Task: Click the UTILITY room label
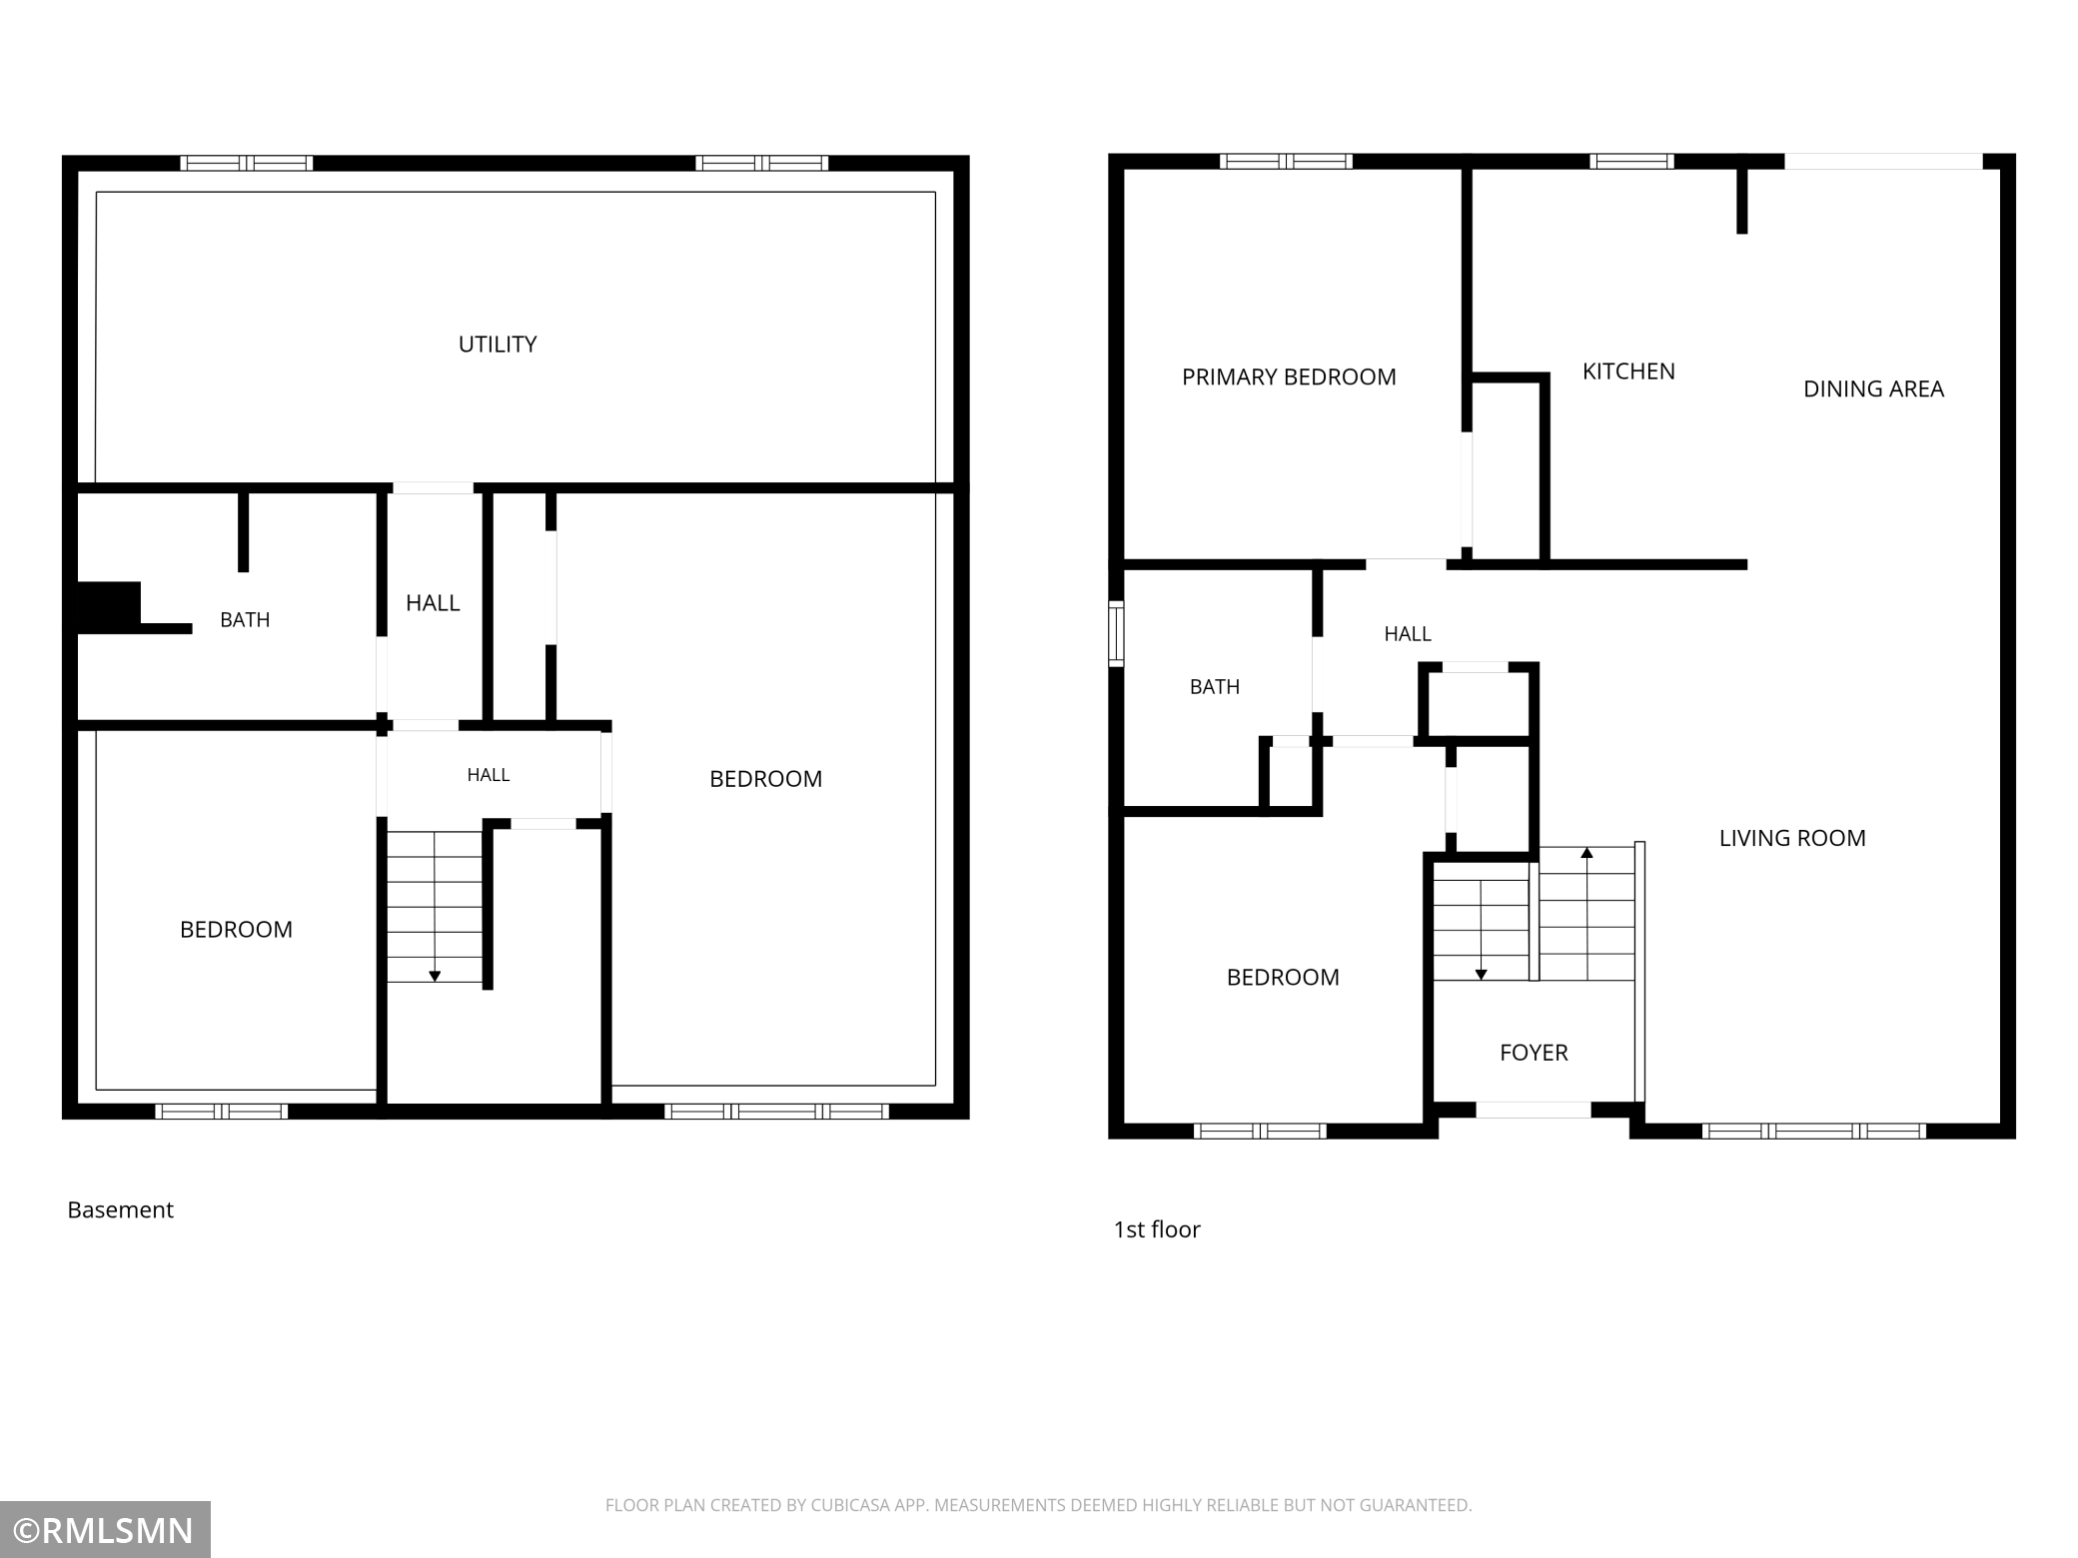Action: [498, 345]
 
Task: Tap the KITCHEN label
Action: [1628, 372]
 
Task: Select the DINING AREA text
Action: [1873, 389]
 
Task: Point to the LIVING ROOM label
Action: [1792, 839]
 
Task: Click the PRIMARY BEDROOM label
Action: [1289, 378]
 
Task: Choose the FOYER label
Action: [1534, 1053]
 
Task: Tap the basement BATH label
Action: [245, 620]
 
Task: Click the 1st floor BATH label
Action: [1215, 687]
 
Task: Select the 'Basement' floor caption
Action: [120, 1210]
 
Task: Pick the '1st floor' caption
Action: [1157, 1229]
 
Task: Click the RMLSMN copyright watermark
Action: [105, 1530]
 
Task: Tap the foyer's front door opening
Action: [1534, 1110]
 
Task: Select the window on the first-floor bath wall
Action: [1116, 633]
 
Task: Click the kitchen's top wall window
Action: [1631, 161]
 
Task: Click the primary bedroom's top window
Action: [1286, 161]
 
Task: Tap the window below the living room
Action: [1813, 1132]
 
